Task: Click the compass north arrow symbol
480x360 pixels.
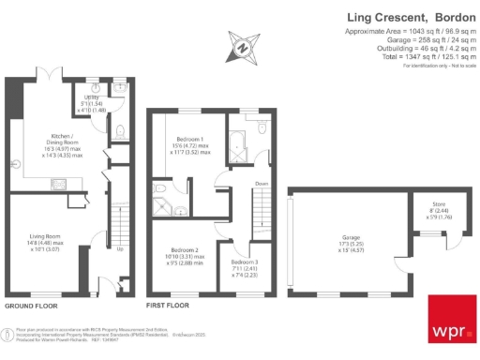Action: [243, 46]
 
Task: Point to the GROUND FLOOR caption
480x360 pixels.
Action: [33, 306]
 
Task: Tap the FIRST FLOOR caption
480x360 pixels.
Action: [169, 306]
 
